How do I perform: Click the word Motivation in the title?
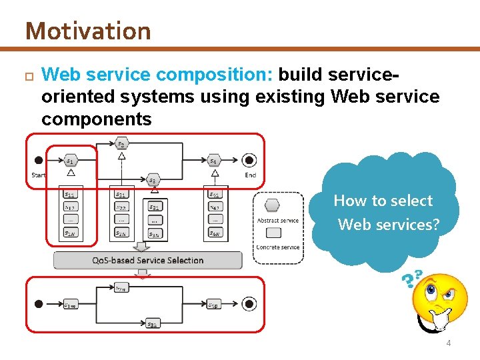[88, 31]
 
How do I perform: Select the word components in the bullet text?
[96, 119]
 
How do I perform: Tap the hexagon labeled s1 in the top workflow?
[71, 160]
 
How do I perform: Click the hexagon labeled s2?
[121, 143]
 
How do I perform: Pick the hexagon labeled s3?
[153, 180]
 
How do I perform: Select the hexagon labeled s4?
[213, 160]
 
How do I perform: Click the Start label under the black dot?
[39, 175]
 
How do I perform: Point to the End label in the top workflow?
[250, 175]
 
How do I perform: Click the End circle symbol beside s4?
[249, 160]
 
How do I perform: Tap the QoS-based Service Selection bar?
[148, 260]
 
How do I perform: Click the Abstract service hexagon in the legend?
[272, 206]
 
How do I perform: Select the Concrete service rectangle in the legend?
[273, 233]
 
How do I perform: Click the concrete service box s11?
[71, 194]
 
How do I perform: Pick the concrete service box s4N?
[215, 233]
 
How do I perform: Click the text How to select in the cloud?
[383, 201]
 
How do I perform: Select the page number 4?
[448, 343]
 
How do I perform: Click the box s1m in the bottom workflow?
[71, 305]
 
